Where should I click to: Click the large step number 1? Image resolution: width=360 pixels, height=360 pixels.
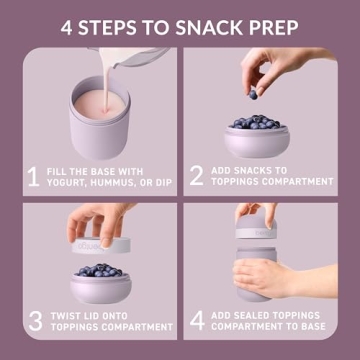pos(32,176)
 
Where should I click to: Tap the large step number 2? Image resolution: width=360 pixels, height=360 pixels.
pos(196,176)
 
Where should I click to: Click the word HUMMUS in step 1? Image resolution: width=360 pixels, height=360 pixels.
pos(127,183)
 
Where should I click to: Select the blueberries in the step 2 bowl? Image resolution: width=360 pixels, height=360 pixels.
pos(263,123)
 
